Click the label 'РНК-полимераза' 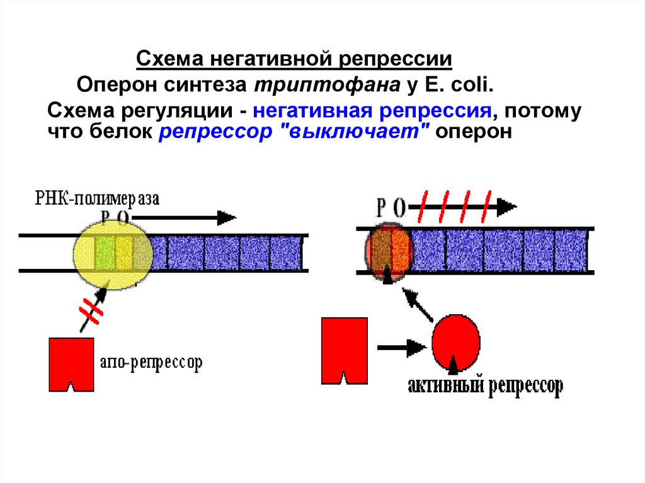point(97,198)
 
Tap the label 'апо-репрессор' point(151,363)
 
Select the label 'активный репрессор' point(486,386)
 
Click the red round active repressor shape point(456,343)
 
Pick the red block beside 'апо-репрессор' point(71,365)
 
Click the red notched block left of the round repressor point(345,351)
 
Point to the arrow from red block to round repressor point(401,348)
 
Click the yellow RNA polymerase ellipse point(113,255)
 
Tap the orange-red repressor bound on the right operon point(389,252)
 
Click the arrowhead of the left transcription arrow point(226,218)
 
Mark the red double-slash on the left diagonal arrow point(91,312)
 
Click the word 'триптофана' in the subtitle point(328,85)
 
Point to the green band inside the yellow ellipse point(105,253)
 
